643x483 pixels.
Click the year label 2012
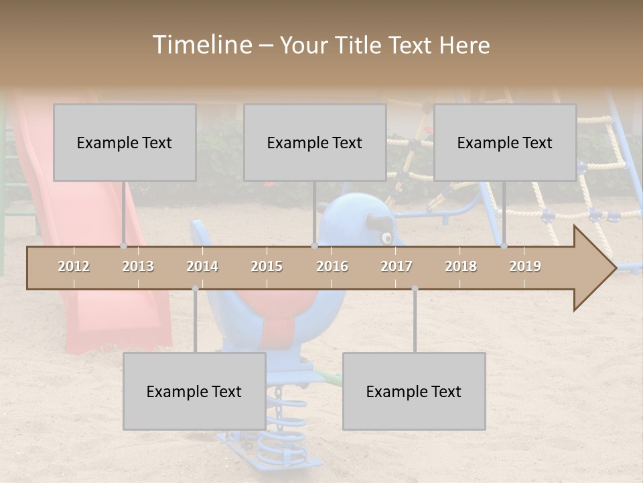[x=74, y=266]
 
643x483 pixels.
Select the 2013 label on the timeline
[x=138, y=266]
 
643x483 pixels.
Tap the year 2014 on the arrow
[x=202, y=266]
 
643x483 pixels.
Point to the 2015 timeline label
[x=267, y=266]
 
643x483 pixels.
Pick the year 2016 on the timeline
[x=332, y=266]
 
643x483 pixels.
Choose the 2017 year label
[x=397, y=266]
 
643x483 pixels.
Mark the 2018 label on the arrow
[x=461, y=266]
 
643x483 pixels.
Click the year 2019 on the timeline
[x=525, y=266]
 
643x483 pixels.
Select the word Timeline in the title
[x=202, y=45]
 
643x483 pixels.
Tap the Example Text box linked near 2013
[x=125, y=143]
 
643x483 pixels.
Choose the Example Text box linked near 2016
[x=315, y=143]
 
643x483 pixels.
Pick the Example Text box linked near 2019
[x=505, y=143]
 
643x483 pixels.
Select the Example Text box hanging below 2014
[x=194, y=392]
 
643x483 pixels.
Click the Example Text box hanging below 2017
[x=414, y=392]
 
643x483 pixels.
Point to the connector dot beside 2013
[x=123, y=246]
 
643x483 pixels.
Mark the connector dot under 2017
[x=415, y=288]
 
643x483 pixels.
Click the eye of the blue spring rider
[x=386, y=237]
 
